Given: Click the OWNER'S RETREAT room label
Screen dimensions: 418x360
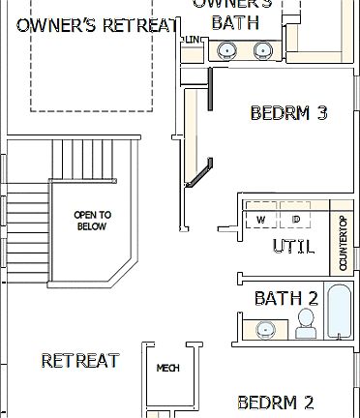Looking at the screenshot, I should [97, 25].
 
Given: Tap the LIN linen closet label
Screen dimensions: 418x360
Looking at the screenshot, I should [193, 40].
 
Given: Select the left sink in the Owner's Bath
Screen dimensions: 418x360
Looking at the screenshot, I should [225, 51].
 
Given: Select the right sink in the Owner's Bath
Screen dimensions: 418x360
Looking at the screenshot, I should [261, 51].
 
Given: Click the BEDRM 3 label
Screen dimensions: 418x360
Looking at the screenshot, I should [288, 114].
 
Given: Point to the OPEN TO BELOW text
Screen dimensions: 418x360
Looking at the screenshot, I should [92, 221].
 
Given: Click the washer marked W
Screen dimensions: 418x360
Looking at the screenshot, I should [260, 220].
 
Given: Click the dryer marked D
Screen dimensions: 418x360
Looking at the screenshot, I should [296, 220].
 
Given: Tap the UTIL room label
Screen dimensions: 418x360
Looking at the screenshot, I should [292, 247].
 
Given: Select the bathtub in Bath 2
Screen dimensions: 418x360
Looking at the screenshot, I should [340, 312].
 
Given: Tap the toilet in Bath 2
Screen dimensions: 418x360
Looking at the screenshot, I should [306, 323].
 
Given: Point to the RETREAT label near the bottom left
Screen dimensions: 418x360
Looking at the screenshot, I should [79, 361].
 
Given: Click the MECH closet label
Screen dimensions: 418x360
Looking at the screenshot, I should [168, 369].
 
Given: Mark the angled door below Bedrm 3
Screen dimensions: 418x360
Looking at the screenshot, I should [198, 174].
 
